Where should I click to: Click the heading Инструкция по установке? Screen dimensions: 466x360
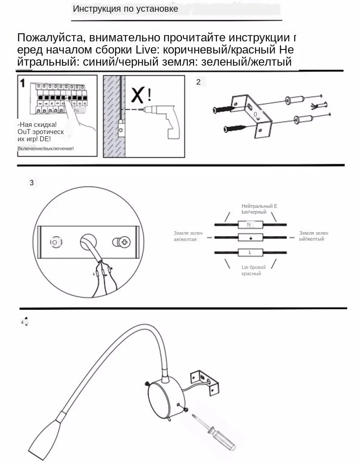[x=125, y=9]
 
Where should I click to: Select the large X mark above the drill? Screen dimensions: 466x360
[x=138, y=95]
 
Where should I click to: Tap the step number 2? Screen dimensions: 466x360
[x=198, y=82]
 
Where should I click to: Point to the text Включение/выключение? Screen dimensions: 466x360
[x=45, y=148]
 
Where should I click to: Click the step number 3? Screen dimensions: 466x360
[x=31, y=183]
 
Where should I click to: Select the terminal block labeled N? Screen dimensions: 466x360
[x=249, y=224]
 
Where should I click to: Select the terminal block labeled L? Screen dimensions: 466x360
[x=249, y=252]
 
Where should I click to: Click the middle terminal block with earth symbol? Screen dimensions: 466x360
[x=249, y=238]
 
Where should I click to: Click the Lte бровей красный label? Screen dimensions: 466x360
[x=253, y=270]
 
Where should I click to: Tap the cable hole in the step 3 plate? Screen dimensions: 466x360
[x=88, y=241]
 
